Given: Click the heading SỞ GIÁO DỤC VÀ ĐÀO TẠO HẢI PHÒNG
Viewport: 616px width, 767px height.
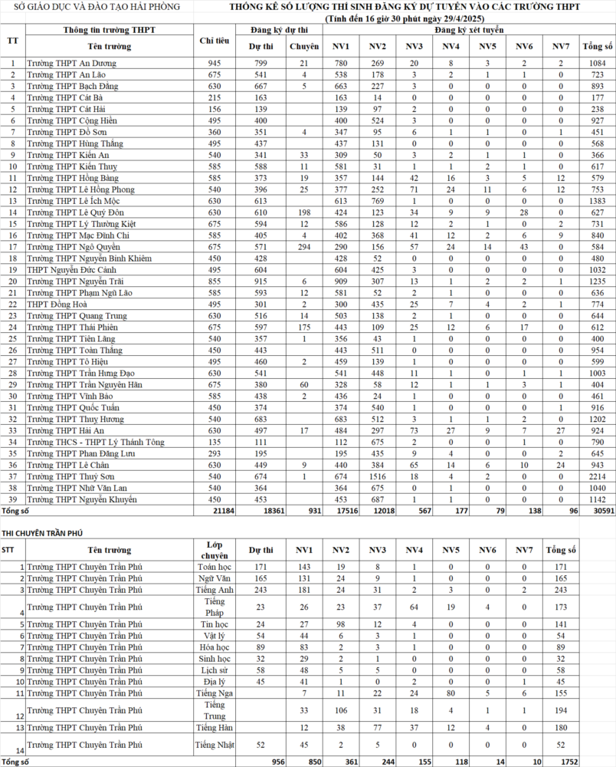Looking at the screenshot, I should (92, 7).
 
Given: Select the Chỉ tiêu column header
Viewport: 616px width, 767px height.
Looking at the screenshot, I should (214, 40).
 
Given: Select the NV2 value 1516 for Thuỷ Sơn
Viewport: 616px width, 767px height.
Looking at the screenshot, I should (376, 477).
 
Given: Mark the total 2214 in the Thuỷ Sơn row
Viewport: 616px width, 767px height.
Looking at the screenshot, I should (594, 477).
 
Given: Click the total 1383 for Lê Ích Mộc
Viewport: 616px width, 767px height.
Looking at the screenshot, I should (594, 201).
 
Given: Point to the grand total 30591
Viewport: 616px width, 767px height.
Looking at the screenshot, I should (593, 511).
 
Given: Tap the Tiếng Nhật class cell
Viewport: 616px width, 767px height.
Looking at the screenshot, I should (215, 745).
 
